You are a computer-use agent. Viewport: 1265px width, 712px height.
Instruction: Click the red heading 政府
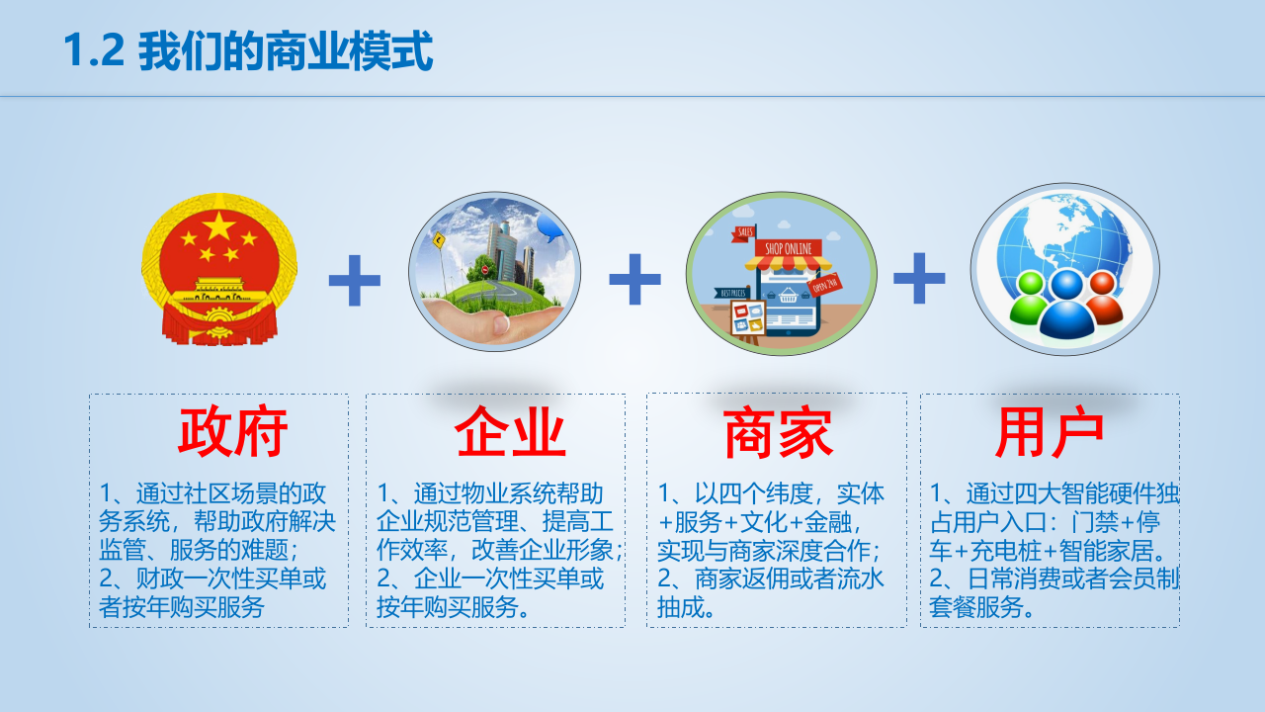[232, 432]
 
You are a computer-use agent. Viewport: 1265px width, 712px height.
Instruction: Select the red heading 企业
[510, 432]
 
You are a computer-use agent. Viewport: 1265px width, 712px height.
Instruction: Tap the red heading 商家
[778, 434]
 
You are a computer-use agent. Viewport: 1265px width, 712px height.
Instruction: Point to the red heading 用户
[1049, 432]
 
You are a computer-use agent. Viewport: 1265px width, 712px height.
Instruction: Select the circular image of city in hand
[494, 272]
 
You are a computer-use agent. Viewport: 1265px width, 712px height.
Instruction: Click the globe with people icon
[1064, 269]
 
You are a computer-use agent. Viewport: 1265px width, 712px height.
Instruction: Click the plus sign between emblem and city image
[354, 280]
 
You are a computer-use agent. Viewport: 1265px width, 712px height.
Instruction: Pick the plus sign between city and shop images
[634, 278]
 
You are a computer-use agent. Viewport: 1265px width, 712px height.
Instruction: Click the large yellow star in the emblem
[218, 227]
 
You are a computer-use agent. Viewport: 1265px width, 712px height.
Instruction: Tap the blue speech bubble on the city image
[550, 229]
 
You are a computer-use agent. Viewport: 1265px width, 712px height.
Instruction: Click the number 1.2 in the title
[94, 51]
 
